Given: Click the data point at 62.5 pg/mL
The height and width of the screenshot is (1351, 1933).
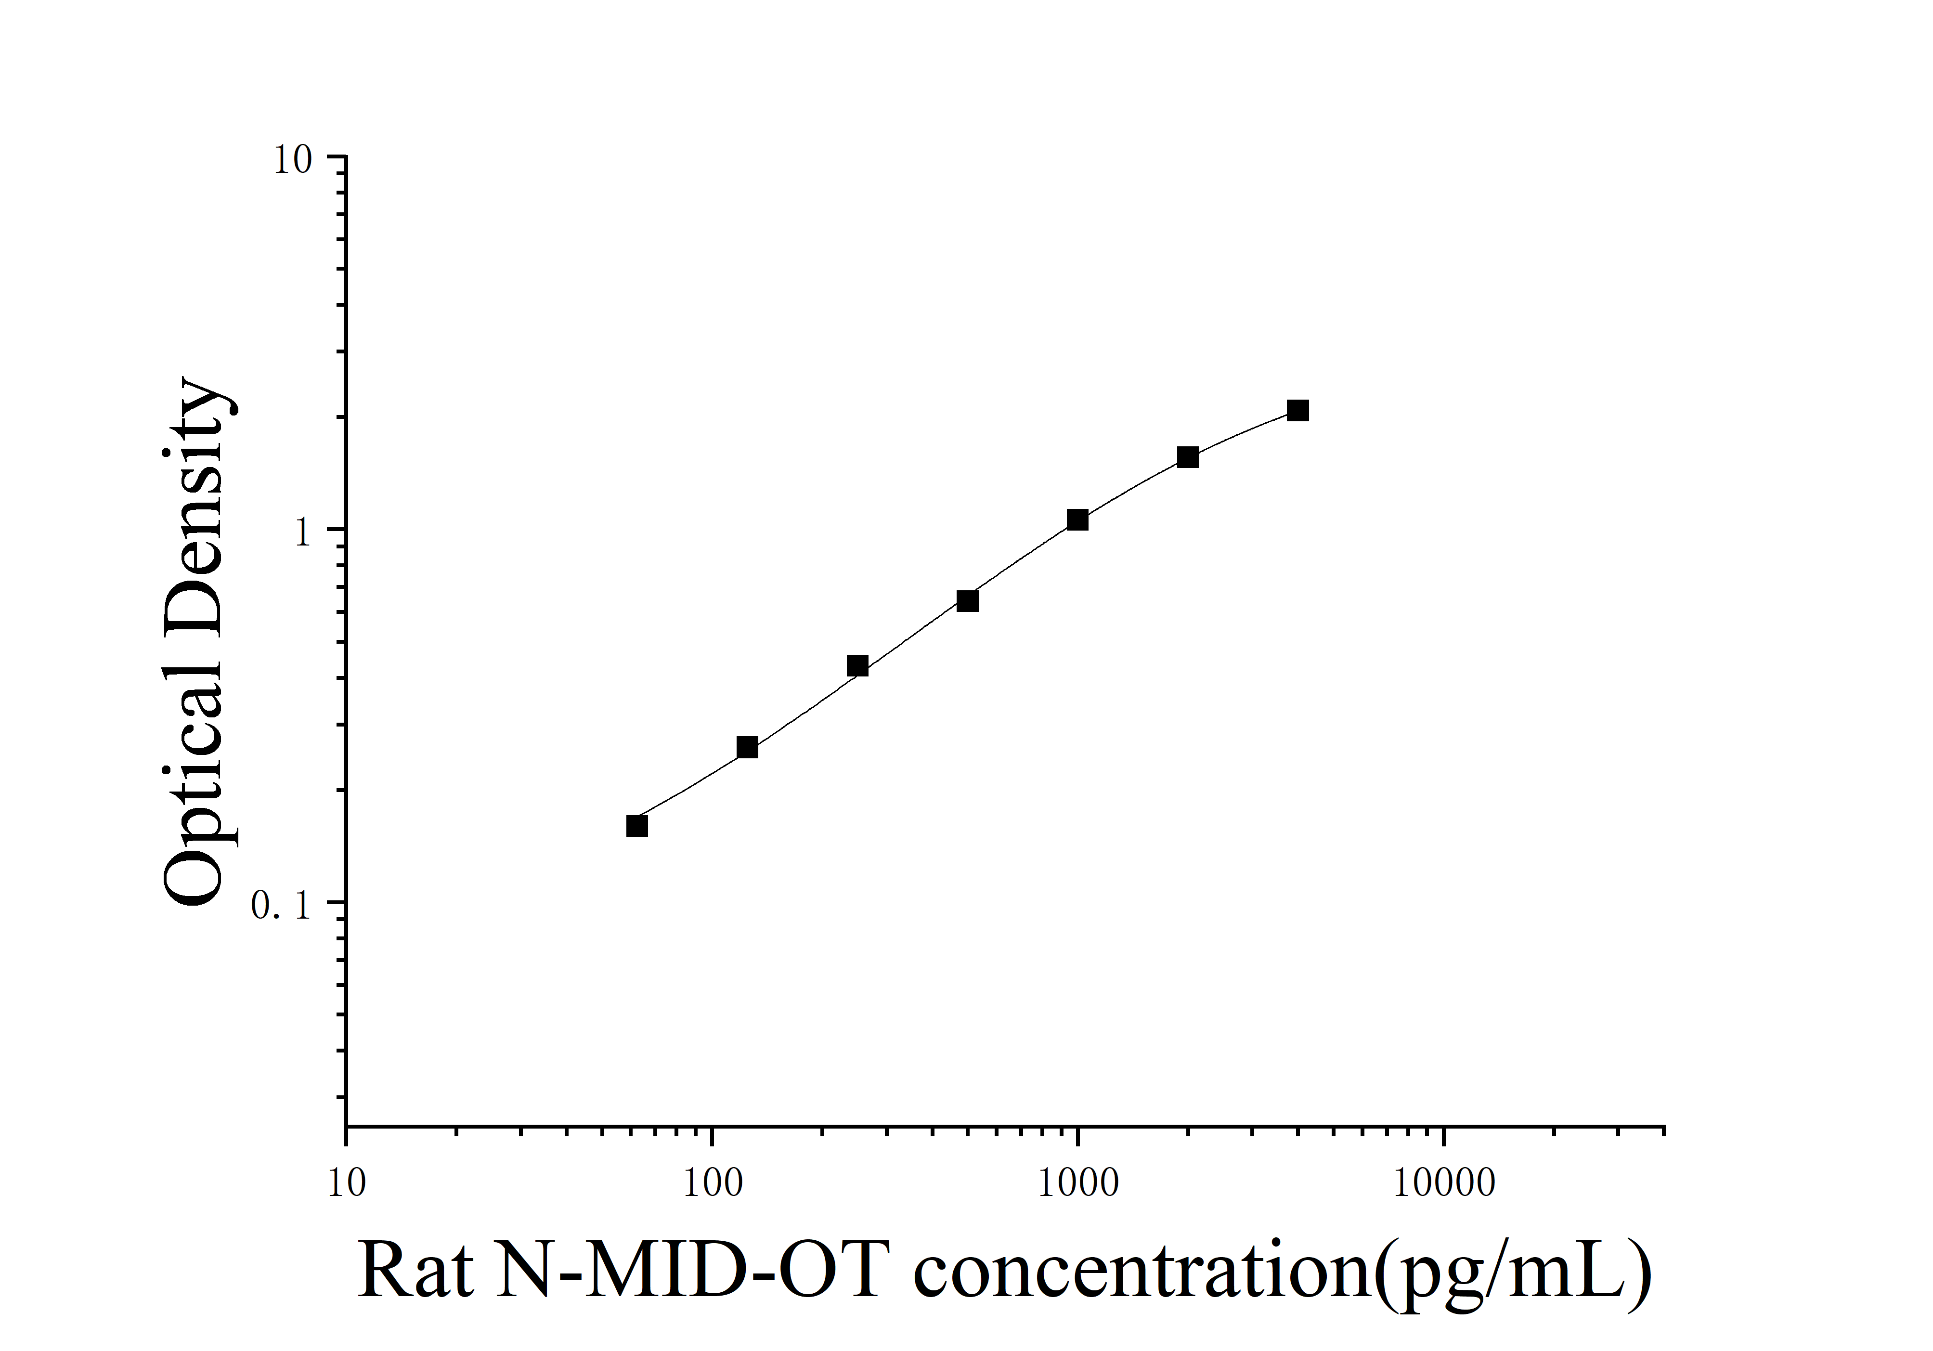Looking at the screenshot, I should (x=637, y=826).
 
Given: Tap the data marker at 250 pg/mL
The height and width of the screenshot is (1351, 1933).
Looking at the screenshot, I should (x=857, y=666).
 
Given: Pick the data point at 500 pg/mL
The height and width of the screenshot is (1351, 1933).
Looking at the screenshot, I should (x=967, y=600).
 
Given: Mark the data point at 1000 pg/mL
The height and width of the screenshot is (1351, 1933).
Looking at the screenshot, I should (x=1077, y=520).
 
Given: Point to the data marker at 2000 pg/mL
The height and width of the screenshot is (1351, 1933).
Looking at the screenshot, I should (x=1188, y=457).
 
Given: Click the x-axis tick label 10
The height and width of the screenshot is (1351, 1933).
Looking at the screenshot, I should (x=346, y=1183).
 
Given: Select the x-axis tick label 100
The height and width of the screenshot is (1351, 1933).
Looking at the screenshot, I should (x=712, y=1183).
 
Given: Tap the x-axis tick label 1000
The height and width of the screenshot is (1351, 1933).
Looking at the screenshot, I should (x=1077, y=1183).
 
